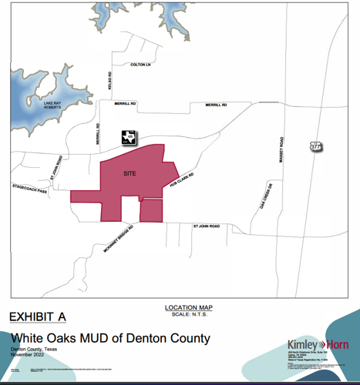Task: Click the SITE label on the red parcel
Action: click(130, 174)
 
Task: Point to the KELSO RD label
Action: click(110, 79)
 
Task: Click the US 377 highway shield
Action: click(315, 146)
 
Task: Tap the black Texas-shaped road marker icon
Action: click(128, 137)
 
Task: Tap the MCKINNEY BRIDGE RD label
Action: click(117, 240)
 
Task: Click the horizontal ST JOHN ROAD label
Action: click(207, 226)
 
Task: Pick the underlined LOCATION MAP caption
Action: click(189, 307)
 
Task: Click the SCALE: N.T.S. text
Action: click(189, 313)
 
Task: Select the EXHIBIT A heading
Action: click(37, 317)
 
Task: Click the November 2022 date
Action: click(30, 356)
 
